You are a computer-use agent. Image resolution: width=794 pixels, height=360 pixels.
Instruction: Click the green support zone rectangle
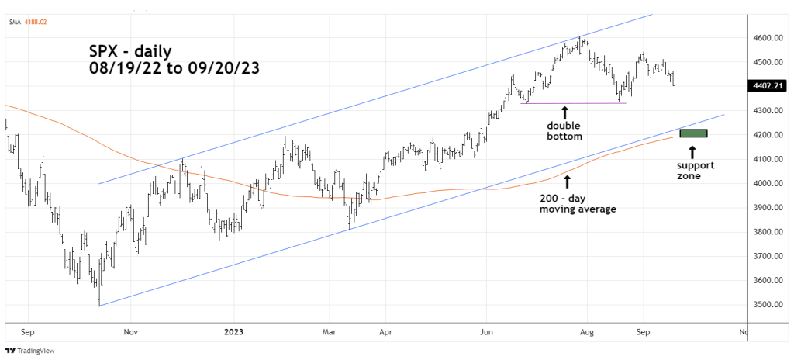point(693,133)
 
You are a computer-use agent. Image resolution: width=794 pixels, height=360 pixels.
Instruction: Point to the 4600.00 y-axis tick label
point(766,38)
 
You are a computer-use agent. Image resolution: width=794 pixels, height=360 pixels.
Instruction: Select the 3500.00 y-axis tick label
point(766,305)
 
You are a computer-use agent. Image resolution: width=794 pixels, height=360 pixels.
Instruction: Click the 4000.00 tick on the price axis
point(766,184)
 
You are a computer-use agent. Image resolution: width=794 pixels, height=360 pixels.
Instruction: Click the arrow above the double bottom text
point(564,112)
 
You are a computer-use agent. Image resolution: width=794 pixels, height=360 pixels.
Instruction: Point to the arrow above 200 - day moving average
point(567,182)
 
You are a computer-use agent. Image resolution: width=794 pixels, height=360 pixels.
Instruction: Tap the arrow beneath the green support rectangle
point(692,150)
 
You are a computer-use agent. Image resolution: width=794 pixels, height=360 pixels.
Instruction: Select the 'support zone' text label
point(695,171)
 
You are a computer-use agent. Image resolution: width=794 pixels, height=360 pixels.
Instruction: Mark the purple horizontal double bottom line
point(574,103)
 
